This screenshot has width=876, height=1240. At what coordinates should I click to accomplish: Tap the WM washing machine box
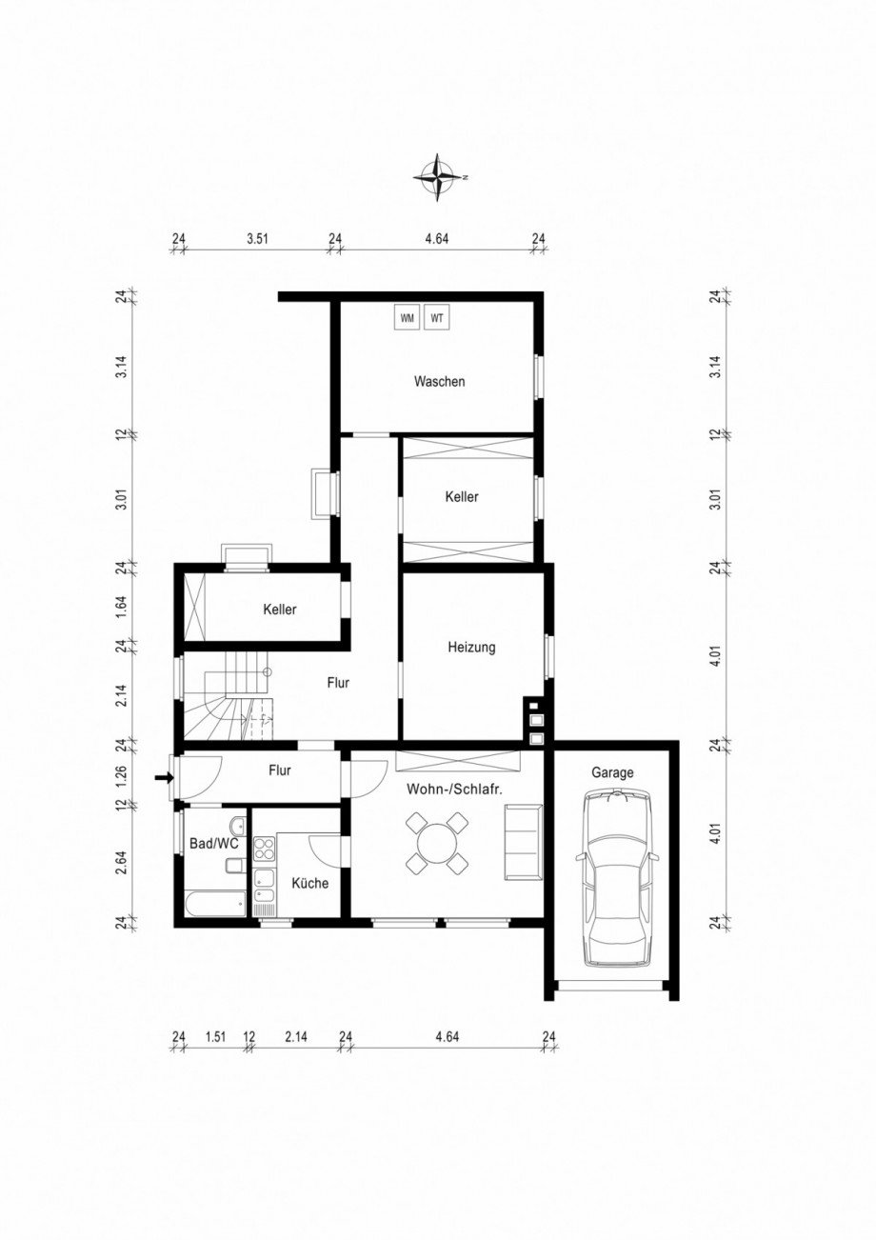click(408, 318)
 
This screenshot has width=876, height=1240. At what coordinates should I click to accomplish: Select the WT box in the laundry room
click(437, 318)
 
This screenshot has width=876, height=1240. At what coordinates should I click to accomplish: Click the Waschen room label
click(439, 381)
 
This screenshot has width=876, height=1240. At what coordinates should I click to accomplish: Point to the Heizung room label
click(471, 648)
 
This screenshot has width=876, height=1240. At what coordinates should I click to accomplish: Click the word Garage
click(611, 773)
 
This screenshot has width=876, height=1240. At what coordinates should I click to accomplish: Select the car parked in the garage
click(616, 876)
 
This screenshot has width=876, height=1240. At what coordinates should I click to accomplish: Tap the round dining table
click(437, 843)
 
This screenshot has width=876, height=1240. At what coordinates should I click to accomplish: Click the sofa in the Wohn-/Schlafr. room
click(522, 841)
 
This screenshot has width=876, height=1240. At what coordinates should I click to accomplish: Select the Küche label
click(309, 883)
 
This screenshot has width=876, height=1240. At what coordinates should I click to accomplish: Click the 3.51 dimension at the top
click(257, 239)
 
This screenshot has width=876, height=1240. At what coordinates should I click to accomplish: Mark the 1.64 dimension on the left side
click(122, 608)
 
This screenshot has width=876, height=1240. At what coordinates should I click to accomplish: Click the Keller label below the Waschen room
click(462, 497)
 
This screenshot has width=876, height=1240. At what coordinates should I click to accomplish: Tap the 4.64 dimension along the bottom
click(446, 1037)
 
